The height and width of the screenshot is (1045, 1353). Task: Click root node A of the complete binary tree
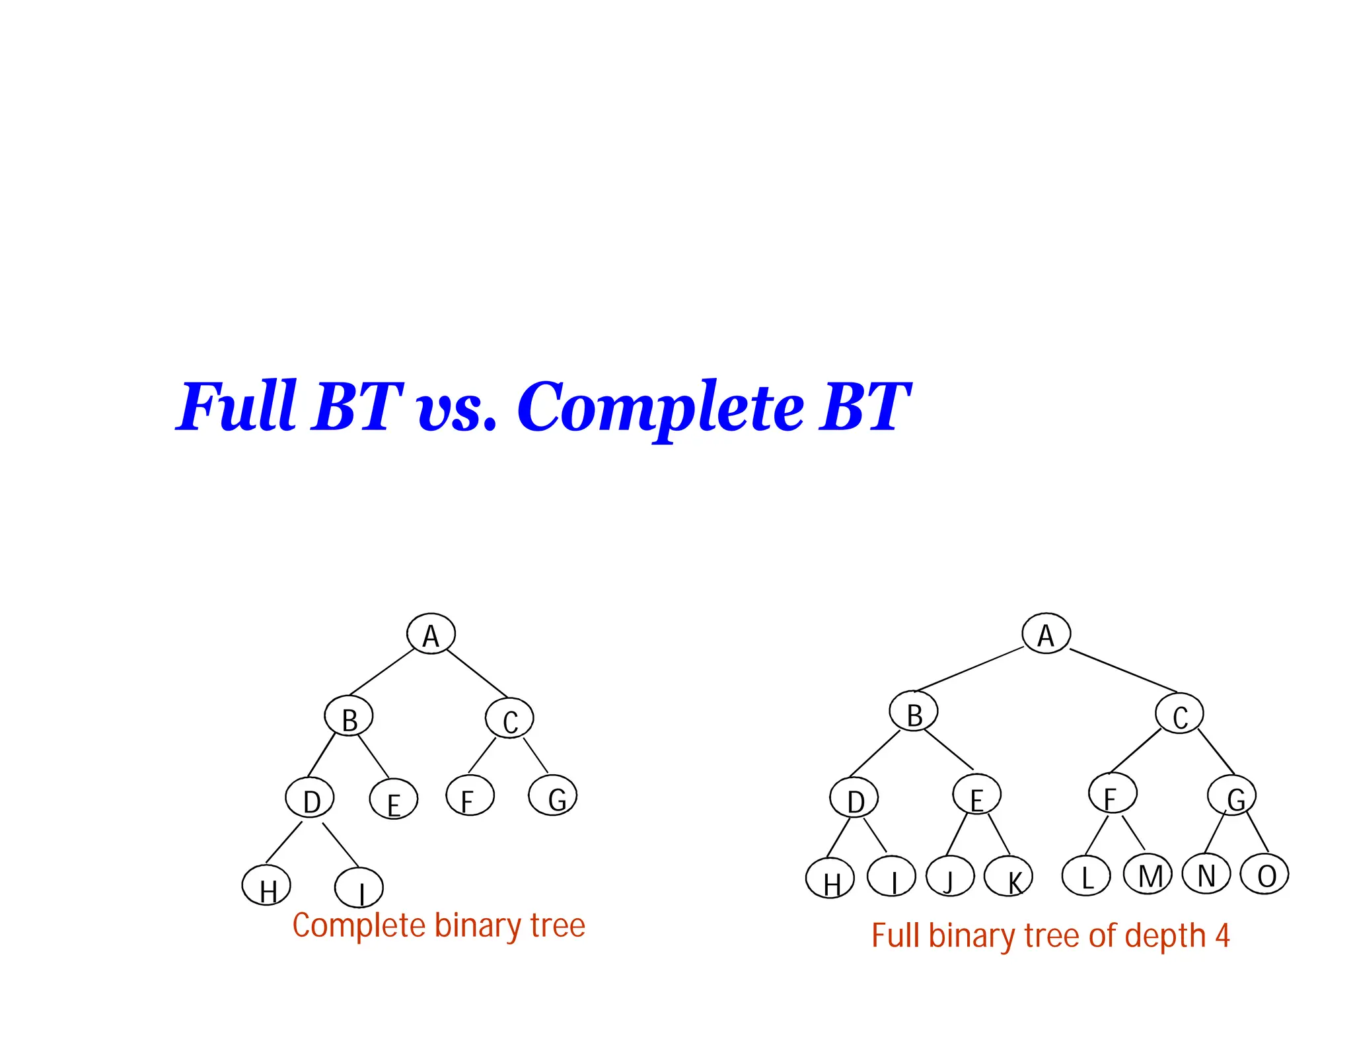coord(431,633)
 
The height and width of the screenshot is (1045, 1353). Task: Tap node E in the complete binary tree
coord(393,799)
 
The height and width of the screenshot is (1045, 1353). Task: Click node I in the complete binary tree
coord(359,888)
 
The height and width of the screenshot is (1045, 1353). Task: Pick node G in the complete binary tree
coord(553,795)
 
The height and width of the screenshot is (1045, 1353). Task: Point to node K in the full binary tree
coord(1008,877)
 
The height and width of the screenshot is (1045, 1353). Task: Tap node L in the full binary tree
coord(1085,875)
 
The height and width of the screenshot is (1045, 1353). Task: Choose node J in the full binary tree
coord(950,876)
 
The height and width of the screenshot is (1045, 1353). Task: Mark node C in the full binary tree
coord(1179,713)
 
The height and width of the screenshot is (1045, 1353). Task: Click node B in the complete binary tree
coord(349,716)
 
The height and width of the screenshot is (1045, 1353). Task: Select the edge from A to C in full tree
coord(1123,670)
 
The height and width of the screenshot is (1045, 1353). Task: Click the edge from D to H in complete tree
coord(283,843)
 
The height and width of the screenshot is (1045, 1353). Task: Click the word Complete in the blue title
coord(660,408)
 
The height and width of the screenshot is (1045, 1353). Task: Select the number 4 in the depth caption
coord(1222,935)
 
